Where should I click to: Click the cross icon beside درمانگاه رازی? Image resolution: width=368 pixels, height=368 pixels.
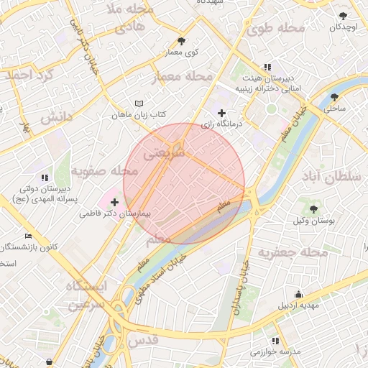221,113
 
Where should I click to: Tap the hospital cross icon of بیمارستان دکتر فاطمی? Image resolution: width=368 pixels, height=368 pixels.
114,203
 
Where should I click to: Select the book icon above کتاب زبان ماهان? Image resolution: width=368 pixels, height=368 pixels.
139,103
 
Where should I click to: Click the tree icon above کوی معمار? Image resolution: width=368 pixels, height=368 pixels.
180,41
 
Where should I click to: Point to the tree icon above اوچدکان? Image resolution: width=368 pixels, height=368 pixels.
344,16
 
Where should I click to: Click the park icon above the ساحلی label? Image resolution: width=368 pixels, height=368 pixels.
334,97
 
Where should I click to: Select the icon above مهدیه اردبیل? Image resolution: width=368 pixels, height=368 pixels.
298,294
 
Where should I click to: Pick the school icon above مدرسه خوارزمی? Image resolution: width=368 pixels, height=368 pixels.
275,341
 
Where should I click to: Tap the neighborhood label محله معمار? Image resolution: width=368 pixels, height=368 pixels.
184,75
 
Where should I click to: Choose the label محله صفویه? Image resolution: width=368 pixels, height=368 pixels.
104,171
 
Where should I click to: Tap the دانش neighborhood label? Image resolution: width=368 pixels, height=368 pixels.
57,116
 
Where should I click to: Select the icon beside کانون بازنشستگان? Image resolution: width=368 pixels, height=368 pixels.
28,236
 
